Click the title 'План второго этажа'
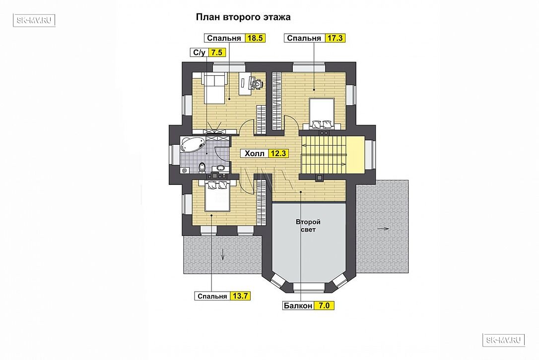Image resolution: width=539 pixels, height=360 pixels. coord(243,17)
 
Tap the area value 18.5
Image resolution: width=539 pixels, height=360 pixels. coord(255,38)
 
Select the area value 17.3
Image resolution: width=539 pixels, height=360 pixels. coord(335,38)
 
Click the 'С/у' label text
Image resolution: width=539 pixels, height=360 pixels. coord(199,53)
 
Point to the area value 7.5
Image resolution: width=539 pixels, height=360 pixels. coord(216,53)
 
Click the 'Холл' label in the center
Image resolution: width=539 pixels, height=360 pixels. coord(255,153)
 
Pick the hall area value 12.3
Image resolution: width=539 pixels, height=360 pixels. coord(278,153)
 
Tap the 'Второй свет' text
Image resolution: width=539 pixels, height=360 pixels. coord(308,226)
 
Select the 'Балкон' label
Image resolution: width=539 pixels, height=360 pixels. coord(298,305)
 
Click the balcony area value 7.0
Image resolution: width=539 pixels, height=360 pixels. coord(324,305)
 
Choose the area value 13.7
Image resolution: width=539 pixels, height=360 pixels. coord(240,296)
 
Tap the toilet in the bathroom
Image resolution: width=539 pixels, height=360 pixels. coord(202,167)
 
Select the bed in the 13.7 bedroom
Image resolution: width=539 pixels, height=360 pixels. coord(217,196)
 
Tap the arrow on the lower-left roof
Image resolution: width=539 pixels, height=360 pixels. coord(223,254)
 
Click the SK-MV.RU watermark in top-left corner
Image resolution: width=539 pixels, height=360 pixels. coord(34,20)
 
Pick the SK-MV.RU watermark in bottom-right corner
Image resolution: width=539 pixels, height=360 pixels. coord(504,340)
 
